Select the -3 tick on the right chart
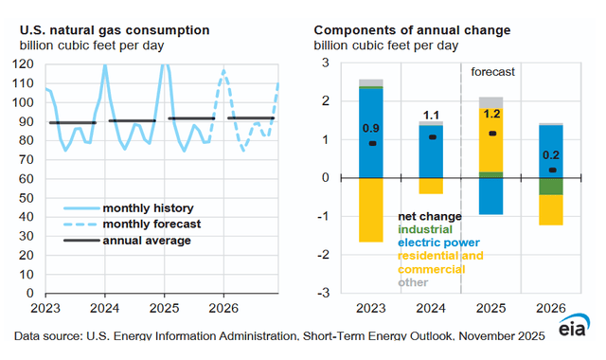coord(322,294)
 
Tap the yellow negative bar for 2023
coord(371,209)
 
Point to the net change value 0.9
coord(371,127)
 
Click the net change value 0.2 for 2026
coord(550,155)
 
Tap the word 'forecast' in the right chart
coord(495,70)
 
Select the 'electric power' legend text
coord(440,242)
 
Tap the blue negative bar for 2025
coord(490,196)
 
